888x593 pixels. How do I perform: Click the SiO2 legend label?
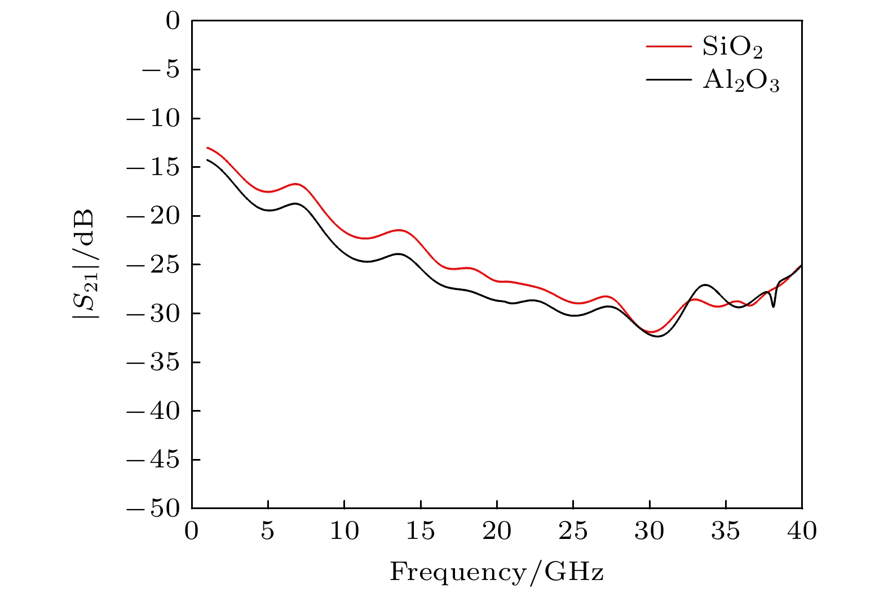(x=732, y=47)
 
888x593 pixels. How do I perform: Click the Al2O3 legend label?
(x=741, y=81)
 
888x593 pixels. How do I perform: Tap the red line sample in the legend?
(x=669, y=46)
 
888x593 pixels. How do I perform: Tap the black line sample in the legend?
(x=669, y=80)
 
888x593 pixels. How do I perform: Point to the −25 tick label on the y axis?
(x=153, y=265)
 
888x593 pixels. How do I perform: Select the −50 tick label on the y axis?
(x=153, y=509)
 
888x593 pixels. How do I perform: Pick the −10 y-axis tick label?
(x=153, y=119)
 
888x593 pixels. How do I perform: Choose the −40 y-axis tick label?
(x=153, y=411)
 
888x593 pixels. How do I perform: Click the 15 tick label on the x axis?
(x=421, y=531)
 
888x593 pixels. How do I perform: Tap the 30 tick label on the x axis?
(x=650, y=531)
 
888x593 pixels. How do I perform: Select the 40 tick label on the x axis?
(x=802, y=531)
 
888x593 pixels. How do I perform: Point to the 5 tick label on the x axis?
(x=268, y=531)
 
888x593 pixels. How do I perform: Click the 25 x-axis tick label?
(x=573, y=531)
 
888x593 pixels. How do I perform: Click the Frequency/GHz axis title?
(x=497, y=572)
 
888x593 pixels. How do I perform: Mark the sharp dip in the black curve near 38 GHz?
(x=773, y=306)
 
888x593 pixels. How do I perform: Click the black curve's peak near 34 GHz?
(x=705, y=285)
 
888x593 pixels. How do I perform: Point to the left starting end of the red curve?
(x=207, y=148)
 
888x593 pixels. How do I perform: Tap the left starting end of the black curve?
(x=207, y=160)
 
